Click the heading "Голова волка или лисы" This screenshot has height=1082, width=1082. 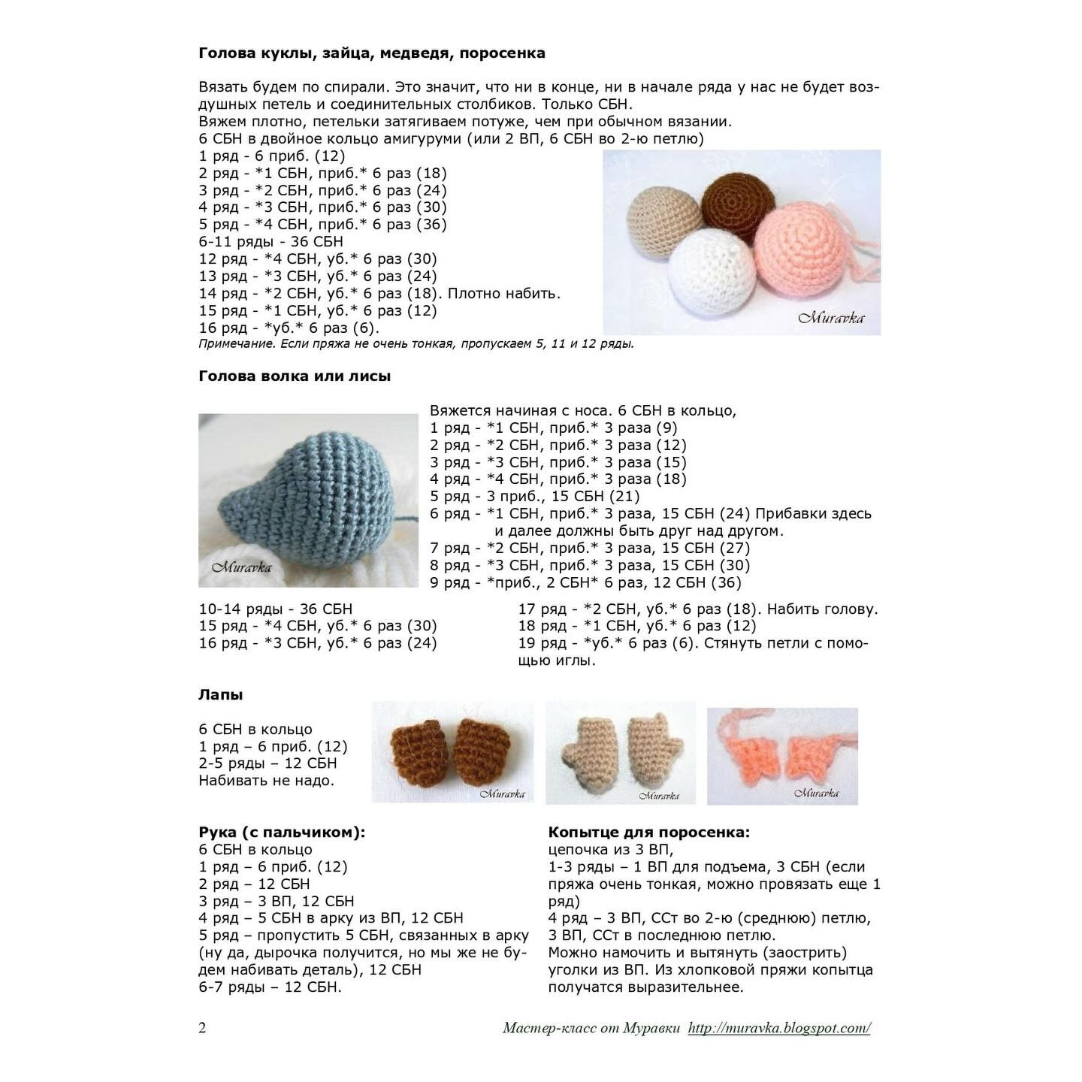coord(295,376)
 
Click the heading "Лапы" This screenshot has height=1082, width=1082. coord(220,695)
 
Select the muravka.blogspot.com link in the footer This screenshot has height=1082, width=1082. coord(778,1029)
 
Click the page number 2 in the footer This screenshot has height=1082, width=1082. coord(202,1029)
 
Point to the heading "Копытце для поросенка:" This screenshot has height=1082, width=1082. coord(648,833)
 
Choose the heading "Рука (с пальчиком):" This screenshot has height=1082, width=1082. coord(282,833)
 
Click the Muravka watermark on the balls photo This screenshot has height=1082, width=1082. coord(830,318)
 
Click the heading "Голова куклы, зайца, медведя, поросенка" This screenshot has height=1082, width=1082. coord(372,53)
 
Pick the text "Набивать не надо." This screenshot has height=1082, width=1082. coord(266,781)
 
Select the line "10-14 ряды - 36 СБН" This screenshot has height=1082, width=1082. coord(275,609)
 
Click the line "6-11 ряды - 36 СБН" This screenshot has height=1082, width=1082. coord(270,242)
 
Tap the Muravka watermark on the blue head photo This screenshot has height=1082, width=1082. coord(241,567)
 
